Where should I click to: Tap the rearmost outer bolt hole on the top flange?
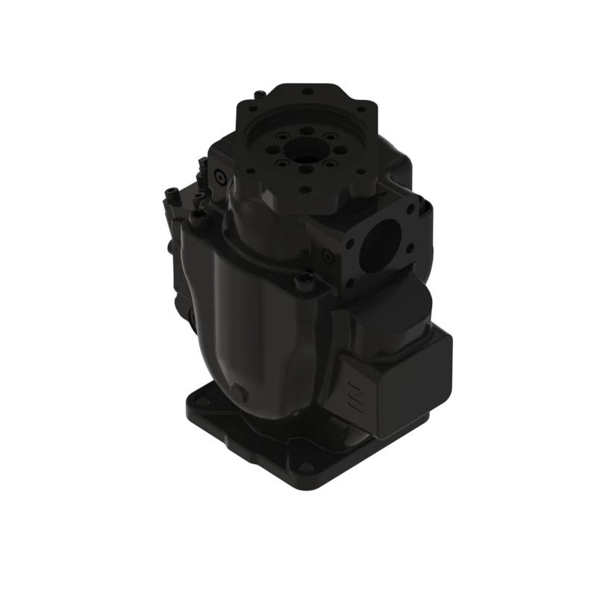pyautogui.click(x=307, y=92)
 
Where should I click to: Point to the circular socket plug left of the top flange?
pyautogui.click(x=219, y=174)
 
